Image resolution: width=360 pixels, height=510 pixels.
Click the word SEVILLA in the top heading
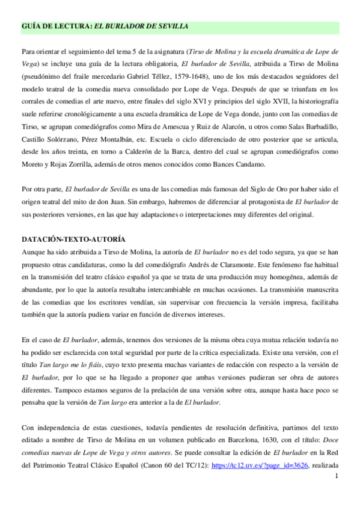(169, 26)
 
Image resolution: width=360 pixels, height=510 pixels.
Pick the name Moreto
(34, 165)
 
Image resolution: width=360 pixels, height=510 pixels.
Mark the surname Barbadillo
(317, 127)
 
